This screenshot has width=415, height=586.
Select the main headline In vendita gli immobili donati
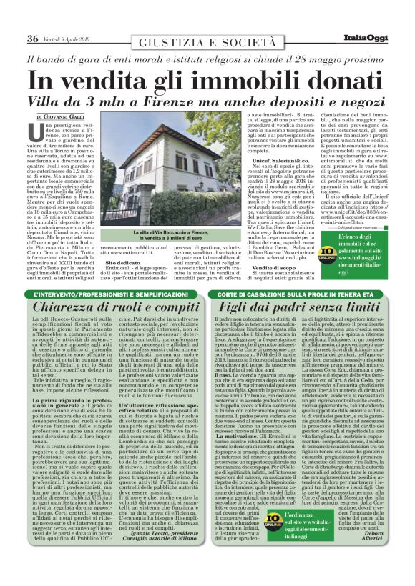pos(207,79)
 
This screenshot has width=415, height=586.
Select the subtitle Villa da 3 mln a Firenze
pos(207,101)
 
